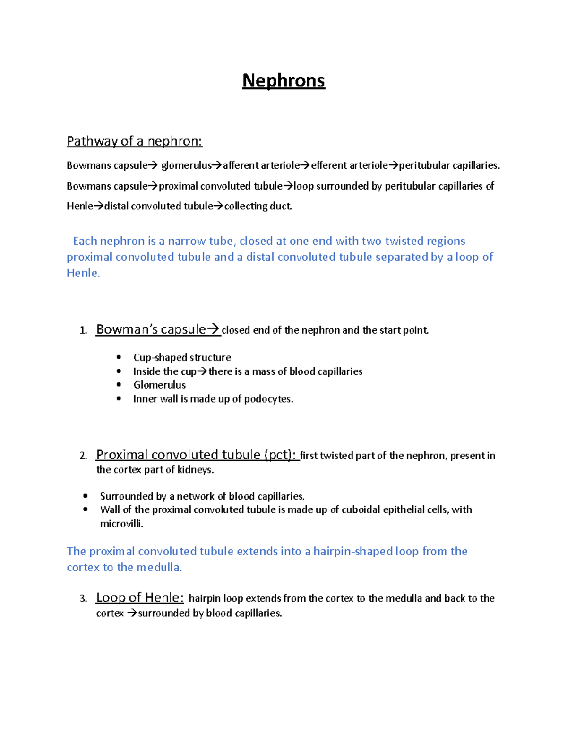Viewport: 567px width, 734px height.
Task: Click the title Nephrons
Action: click(283, 81)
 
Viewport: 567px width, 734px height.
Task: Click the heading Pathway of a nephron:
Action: click(134, 141)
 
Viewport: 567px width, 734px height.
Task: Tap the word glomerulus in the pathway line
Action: click(186, 165)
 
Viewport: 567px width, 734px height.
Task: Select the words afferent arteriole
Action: click(261, 165)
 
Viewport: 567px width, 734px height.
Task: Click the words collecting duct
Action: click(258, 206)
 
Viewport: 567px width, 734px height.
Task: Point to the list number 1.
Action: click(83, 330)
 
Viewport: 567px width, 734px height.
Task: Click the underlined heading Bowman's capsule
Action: click(151, 329)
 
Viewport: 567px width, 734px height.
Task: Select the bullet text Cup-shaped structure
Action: click(182, 357)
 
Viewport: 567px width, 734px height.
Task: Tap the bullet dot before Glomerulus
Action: click(119, 385)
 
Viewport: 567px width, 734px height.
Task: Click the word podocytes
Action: click(268, 399)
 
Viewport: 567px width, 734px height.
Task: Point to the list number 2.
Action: click(83, 456)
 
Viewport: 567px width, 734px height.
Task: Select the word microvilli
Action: click(121, 524)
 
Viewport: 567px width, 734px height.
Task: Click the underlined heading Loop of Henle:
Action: click(140, 598)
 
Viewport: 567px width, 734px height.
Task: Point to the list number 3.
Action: click(83, 599)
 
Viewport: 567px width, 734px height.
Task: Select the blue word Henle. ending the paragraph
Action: click(83, 273)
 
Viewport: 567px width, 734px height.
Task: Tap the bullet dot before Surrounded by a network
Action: click(86, 496)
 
